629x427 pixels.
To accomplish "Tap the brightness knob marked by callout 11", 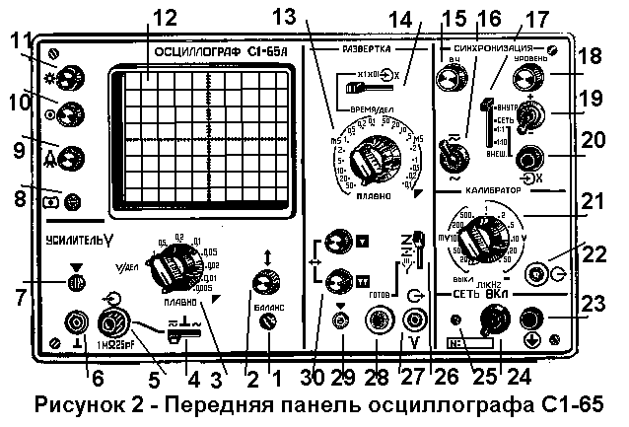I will (x=70, y=78).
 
